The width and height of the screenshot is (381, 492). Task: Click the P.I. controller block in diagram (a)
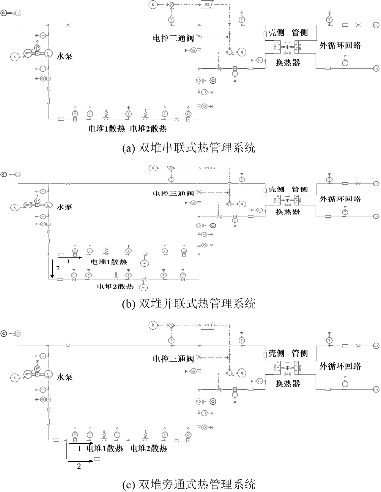[x=207, y=5]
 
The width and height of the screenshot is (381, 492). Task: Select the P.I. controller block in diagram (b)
[x=207, y=168]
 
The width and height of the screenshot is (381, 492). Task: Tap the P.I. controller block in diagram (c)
[x=207, y=325]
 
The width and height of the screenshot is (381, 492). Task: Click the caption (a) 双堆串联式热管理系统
[x=189, y=148]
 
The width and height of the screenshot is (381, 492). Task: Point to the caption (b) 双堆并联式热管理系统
[x=189, y=303]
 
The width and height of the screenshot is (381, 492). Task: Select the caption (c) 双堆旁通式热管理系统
[x=189, y=484]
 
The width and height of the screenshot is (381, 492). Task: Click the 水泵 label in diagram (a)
[x=64, y=56]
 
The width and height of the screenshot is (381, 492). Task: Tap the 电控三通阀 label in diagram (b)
[x=173, y=194]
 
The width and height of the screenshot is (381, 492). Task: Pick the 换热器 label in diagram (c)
[x=288, y=383]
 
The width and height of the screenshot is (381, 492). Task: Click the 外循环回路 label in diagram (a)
[x=340, y=45]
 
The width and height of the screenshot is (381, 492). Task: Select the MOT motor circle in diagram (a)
[x=28, y=53]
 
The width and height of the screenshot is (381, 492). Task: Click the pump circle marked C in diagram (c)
[x=48, y=374]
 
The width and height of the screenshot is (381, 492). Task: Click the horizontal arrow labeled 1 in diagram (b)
[x=70, y=258]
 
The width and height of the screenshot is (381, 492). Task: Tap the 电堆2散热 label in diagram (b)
[x=115, y=287]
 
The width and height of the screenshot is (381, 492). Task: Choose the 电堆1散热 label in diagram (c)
[x=104, y=448]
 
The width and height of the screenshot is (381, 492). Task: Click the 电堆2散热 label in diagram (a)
[x=148, y=129]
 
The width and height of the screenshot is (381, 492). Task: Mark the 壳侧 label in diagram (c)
[x=276, y=353]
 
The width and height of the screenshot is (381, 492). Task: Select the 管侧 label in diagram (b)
[x=300, y=189]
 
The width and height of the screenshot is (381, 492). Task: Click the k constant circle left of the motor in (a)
[x=15, y=56]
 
